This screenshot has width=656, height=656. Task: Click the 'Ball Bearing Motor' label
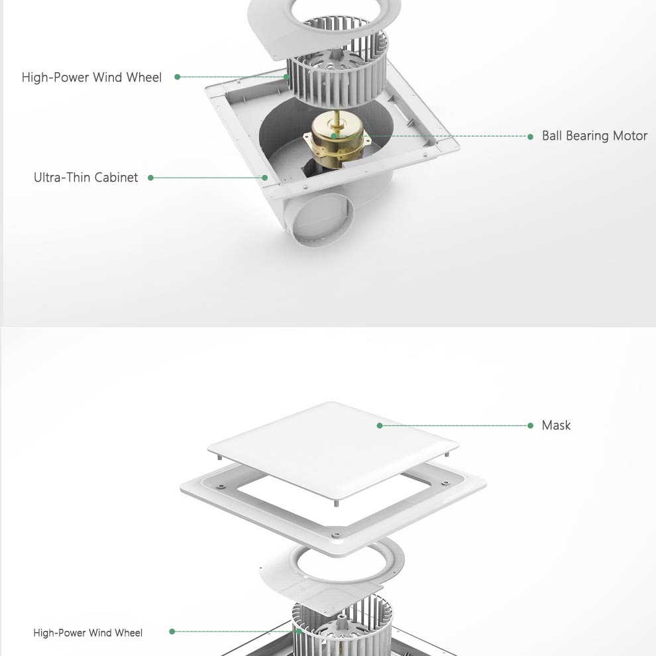594,136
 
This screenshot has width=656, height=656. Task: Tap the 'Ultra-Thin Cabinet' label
85,178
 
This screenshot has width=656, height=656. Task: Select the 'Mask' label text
556,425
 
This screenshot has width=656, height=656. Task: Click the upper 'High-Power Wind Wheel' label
91,78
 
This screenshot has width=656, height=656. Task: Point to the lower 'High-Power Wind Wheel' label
88,633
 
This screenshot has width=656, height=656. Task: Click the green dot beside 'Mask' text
531,425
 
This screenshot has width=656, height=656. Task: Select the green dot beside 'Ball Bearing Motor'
531,137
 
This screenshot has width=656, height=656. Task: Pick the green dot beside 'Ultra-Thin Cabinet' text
150,178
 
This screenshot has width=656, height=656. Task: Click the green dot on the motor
333,136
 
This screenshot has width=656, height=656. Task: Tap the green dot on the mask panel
380,425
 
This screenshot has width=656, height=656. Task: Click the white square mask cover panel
333,450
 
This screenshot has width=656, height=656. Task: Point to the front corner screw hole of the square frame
334,535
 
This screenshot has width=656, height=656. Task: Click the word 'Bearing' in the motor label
589,136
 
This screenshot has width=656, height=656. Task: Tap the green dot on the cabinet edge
265,178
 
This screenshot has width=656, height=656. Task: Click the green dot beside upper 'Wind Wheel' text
178,77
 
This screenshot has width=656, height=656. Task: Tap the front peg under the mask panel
335,503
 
